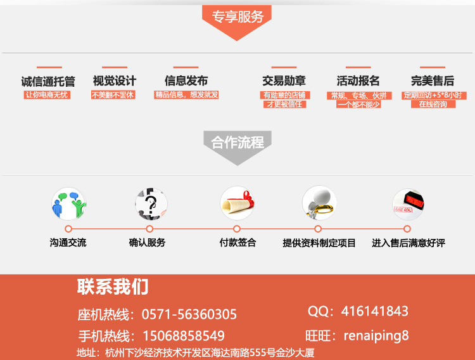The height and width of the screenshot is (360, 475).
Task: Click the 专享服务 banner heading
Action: point(237,17)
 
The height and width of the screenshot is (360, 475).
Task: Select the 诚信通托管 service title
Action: point(48,81)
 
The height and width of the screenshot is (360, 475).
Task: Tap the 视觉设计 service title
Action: point(114,81)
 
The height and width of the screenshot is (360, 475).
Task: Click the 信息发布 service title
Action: point(186,81)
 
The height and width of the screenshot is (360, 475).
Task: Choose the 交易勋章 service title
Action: point(284,81)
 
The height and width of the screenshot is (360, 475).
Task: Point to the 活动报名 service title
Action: point(358,81)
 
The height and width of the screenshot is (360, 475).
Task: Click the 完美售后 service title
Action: point(432,81)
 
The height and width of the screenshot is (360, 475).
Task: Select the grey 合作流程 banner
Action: point(237,143)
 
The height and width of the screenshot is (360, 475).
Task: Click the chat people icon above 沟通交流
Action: point(68,203)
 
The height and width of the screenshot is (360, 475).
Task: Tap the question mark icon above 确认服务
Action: point(151,203)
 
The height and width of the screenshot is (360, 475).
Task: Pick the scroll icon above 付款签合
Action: point(237,203)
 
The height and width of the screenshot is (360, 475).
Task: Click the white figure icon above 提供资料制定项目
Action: point(319,203)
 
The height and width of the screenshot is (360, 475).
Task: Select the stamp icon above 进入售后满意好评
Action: point(408,203)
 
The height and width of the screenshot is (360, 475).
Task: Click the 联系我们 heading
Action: point(113,286)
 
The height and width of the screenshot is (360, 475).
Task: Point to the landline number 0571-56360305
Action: point(189,314)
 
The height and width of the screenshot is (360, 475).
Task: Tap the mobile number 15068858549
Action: point(182,336)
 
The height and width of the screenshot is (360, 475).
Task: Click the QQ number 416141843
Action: point(374,311)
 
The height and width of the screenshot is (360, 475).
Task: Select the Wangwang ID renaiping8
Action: point(376,335)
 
